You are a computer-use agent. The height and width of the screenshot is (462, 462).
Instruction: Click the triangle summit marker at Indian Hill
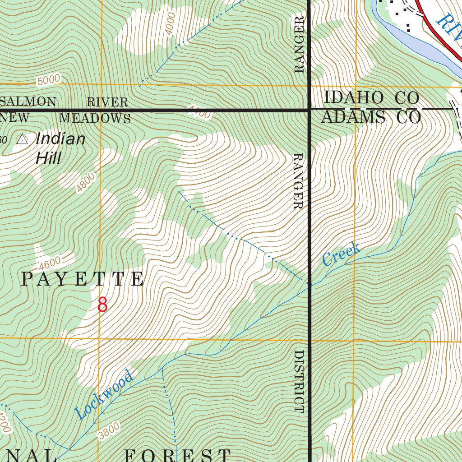(x=21, y=140)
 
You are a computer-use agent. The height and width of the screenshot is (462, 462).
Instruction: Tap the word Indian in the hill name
(x=60, y=139)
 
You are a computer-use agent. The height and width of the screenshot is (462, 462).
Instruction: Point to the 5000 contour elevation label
(x=49, y=80)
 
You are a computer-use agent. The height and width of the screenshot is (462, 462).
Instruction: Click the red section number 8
(x=103, y=305)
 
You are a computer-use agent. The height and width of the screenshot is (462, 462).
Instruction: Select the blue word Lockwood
(x=105, y=394)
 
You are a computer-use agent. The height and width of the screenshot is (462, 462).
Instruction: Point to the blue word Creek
(x=342, y=254)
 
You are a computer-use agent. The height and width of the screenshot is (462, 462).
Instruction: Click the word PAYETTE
(x=83, y=280)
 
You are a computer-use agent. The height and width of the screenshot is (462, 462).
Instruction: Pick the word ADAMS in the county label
(x=353, y=118)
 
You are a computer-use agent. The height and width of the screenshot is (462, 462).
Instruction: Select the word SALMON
(x=28, y=102)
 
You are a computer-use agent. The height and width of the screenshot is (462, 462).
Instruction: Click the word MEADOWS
(x=95, y=119)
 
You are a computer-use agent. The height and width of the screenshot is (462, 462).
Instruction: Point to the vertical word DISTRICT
(x=299, y=381)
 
